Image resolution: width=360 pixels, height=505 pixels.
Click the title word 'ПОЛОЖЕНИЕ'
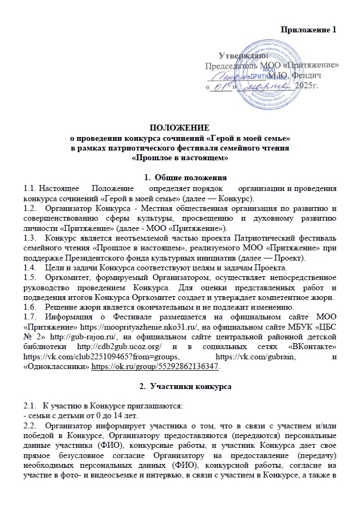coord(179,127)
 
